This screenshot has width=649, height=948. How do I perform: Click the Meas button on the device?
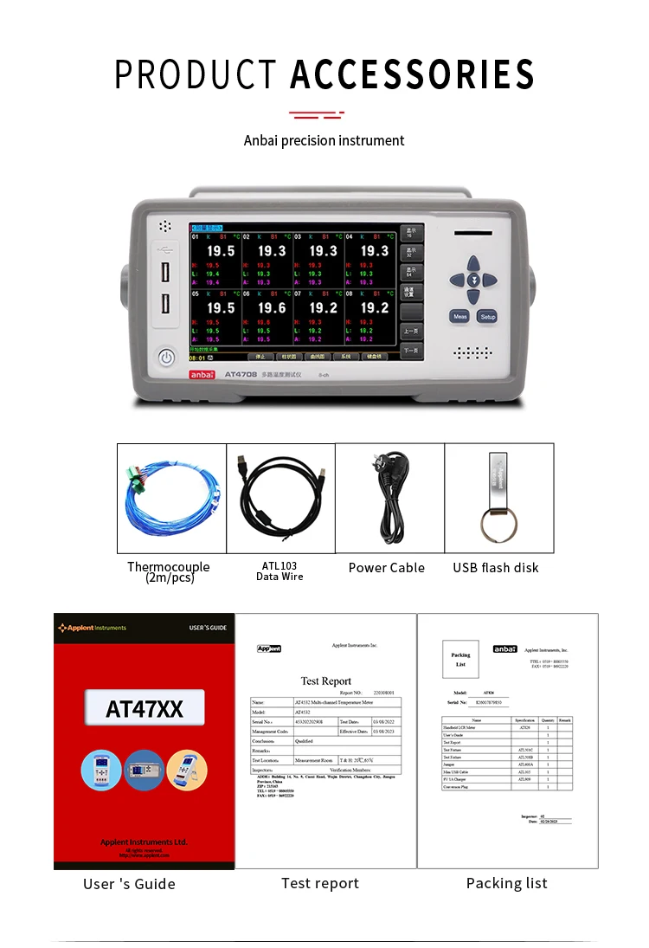[459, 317]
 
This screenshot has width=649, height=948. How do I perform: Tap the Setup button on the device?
[487, 317]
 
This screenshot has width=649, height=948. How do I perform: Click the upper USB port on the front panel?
[165, 272]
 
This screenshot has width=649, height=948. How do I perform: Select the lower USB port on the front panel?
[165, 305]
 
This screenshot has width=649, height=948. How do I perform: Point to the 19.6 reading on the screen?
[272, 307]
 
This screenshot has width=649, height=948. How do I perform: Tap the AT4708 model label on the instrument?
[239, 374]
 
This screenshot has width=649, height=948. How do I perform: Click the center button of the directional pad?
[473, 280]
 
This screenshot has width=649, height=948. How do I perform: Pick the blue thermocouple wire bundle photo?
[171, 498]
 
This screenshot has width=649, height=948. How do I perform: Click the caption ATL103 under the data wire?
[280, 566]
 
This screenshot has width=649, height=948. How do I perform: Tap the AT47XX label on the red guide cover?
[145, 709]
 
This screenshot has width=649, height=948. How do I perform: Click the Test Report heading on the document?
[325, 681]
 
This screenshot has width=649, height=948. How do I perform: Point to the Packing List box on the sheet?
[460, 660]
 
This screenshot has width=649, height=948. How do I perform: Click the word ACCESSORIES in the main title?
[412, 74]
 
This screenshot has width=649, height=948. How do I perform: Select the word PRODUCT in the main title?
[196, 74]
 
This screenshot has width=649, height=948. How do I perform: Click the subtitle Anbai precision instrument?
[324, 140]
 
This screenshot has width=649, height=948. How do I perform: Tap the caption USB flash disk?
[496, 568]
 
